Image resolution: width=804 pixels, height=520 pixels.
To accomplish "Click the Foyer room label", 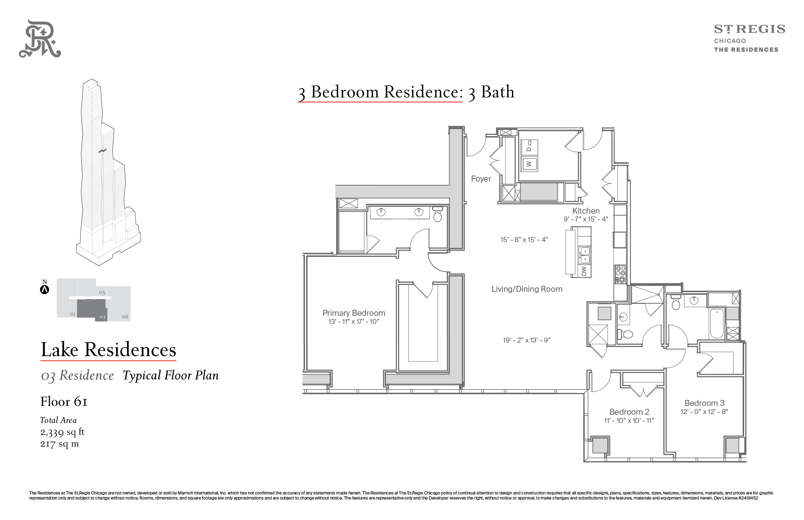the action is click(x=481, y=179).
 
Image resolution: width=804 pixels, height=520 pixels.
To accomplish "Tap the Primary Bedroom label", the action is click(x=354, y=313).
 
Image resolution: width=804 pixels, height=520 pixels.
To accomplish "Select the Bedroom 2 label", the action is click(x=629, y=412).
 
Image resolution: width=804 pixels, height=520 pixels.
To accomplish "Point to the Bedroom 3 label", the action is click(x=704, y=403).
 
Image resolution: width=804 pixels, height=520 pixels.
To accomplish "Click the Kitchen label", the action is click(x=586, y=211).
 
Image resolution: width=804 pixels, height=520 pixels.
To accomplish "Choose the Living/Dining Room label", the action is click(x=527, y=289).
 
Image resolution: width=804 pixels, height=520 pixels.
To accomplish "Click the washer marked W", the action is click(x=529, y=164).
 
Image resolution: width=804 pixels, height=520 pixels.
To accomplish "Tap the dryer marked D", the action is click(x=529, y=147).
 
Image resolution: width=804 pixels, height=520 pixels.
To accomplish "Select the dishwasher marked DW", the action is click(x=584, y=271).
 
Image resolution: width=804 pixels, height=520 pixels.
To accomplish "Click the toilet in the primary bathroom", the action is click(x=438, y=214).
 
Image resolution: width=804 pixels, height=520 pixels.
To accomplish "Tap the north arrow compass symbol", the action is click(x=44, y=289).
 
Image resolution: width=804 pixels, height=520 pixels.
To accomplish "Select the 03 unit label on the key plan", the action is click(x=102, y=317).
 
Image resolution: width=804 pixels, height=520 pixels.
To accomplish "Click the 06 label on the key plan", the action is click(x=125, y=317).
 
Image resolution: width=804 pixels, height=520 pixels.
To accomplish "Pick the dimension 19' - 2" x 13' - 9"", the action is click(x=527, y=340).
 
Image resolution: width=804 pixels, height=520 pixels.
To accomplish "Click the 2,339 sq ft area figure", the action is click(x=62, y=432).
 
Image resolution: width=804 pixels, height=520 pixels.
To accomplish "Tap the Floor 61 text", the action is click(x=64, y=402).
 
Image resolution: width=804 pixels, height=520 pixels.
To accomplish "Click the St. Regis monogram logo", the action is click(x=40, y=38).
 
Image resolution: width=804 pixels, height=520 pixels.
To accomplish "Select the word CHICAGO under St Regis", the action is click(x=730, y=41).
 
